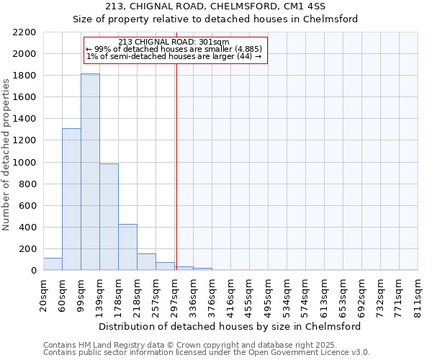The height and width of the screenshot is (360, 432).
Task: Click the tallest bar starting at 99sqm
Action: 90,172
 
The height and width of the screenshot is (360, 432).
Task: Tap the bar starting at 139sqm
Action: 109,217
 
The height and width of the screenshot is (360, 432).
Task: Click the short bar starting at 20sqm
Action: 53,264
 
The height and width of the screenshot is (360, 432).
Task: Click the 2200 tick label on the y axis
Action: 24,32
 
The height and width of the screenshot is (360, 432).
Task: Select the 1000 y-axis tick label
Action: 24,163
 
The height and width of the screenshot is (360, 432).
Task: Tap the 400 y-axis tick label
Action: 27,228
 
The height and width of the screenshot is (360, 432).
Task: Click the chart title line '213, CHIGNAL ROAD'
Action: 215,7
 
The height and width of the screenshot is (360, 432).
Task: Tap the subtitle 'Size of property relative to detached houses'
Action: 215,19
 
